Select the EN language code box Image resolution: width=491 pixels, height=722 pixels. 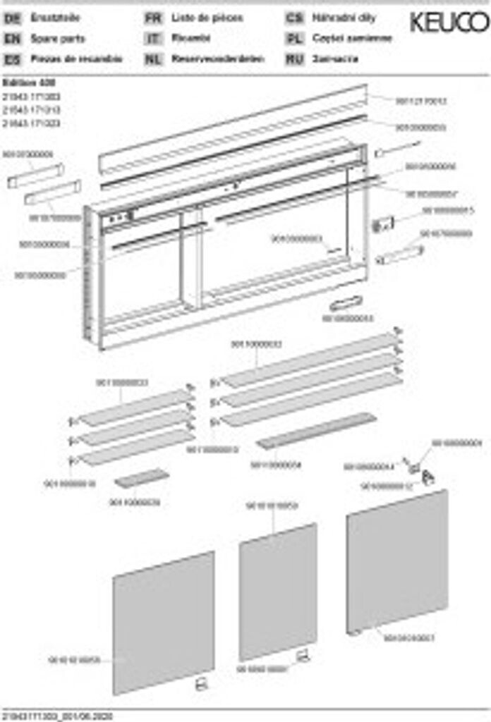(x=11, y=39)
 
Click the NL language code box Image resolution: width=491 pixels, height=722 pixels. (x=153, y=59)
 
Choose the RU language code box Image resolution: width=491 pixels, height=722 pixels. (x=295, y=59)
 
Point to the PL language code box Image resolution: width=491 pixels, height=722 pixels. (x=295, y=39)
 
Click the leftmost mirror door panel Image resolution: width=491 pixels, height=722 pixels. (x=164, y=622)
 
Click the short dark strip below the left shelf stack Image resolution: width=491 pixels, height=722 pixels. (x=142, y=478)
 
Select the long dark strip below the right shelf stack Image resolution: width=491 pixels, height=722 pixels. (x=316, y=431)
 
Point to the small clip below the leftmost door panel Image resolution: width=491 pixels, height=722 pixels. (x=200, y=683)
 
